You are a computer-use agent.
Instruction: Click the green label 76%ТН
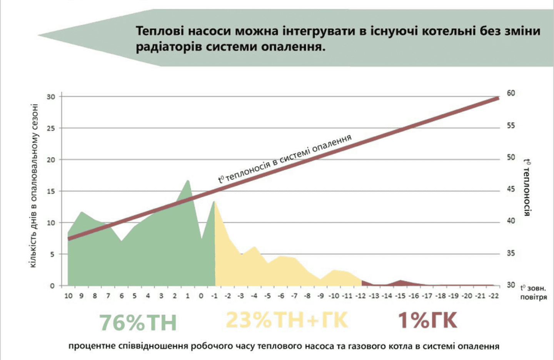138,322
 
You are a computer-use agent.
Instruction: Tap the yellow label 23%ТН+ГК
287,320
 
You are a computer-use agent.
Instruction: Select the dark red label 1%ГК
427,320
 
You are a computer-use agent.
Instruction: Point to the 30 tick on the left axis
51,97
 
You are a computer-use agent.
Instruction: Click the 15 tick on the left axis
51,191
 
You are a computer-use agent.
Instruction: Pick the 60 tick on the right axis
511,93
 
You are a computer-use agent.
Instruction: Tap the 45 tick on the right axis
511,189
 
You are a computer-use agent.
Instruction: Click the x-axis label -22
493,296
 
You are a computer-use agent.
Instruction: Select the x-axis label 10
68,296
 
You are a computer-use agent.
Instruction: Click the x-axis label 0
201,296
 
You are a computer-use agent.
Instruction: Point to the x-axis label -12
360,296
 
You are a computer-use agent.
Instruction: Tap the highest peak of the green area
188,181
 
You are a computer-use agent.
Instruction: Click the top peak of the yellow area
214,202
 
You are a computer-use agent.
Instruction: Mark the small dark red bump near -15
401,282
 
